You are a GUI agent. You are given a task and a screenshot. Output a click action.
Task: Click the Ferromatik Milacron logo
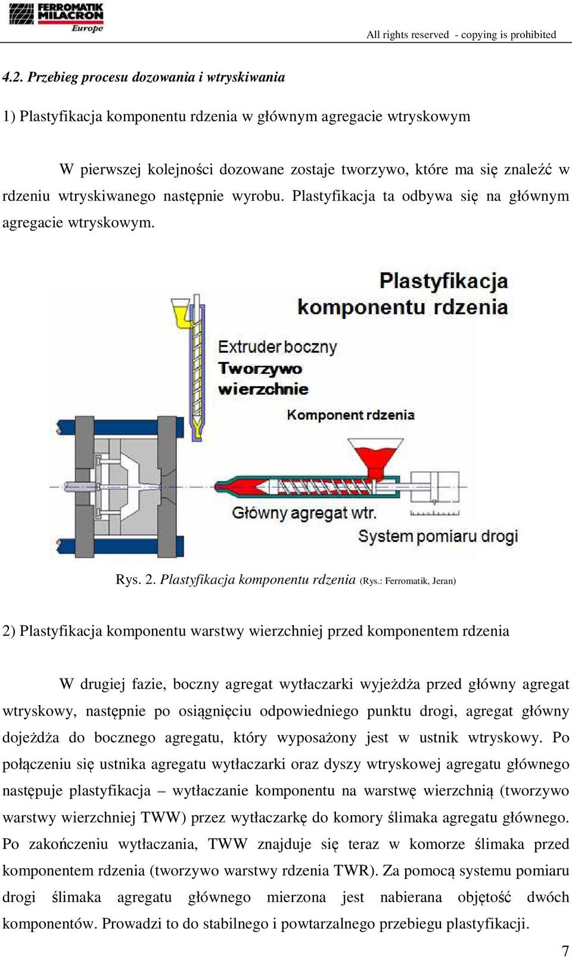pyautogui.click(x=56, y=17)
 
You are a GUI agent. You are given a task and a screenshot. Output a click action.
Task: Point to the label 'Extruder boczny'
pyautogui.click(x=278, y=346)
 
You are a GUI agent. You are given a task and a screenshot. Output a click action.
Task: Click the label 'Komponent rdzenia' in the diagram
pyautogui.click(x=351, y=414)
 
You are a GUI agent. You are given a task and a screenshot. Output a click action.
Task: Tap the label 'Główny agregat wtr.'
pyautogui.click(x=304, y=512)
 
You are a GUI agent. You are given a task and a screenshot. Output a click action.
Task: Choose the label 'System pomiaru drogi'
pyautogui.click(x=439, y=536)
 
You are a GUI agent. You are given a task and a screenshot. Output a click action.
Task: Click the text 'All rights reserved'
pyautogui.click(x=408, y=35)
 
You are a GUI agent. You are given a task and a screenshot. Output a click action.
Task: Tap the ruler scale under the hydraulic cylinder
pyautogui.click(x=434, y=513)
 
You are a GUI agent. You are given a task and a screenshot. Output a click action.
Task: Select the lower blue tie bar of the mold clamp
pyautogui.click(x=121, y=546)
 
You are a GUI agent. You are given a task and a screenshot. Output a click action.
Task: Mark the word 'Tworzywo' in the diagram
pyautogui.click(x=260, y=368)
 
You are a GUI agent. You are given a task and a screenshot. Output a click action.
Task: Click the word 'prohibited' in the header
pyautogui.click(x=533, y=35)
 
